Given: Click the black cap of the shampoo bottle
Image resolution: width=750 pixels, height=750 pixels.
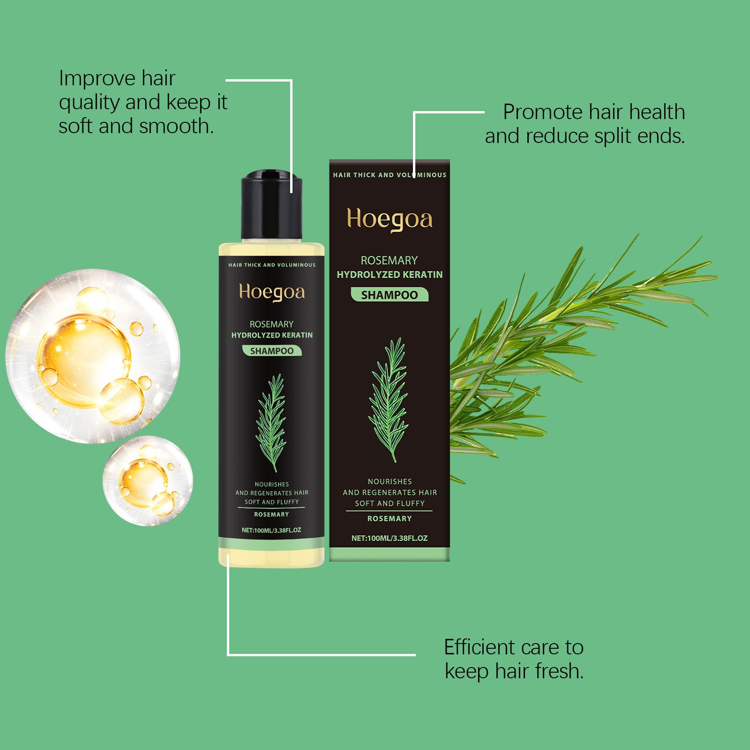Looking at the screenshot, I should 271,206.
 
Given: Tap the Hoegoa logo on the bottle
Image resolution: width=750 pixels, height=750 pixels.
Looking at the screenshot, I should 272,292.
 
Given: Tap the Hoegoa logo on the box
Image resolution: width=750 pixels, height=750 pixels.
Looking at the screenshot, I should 389,219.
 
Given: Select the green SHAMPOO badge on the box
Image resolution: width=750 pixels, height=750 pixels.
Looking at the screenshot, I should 389,295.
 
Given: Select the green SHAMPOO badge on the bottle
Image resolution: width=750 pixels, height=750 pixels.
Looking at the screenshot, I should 272,351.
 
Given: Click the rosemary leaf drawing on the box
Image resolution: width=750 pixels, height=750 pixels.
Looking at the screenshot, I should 389,398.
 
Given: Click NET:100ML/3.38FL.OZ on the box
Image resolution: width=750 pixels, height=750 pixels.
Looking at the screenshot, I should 389,538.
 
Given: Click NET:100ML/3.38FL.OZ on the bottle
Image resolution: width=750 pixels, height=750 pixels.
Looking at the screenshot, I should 271,530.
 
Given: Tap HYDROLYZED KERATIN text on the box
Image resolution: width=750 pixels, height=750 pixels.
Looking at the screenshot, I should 389,275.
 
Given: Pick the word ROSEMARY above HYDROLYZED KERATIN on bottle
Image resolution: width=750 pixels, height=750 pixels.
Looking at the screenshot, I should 271,324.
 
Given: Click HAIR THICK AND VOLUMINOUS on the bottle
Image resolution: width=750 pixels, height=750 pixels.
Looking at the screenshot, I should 272,265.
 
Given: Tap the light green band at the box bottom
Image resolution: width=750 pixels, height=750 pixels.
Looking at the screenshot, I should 389,555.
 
